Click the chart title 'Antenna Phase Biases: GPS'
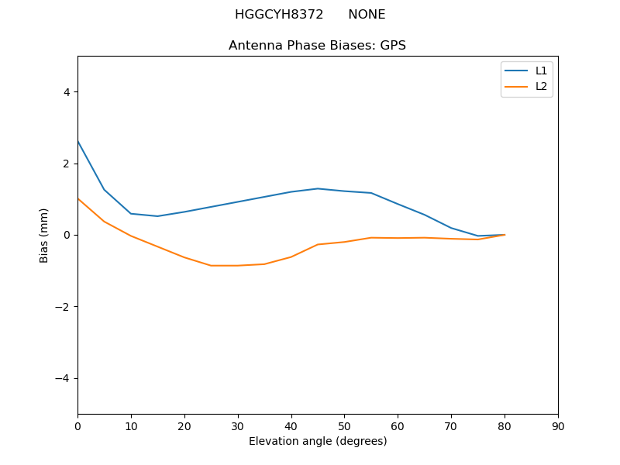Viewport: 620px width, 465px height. (x=317, y=46)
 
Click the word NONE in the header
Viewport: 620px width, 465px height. (x=367, y=15)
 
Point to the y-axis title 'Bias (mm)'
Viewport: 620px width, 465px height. (x=44, y=235)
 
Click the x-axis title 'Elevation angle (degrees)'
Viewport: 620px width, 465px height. (x=318, y=441)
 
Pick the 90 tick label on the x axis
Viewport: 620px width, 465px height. (x=558, y=426)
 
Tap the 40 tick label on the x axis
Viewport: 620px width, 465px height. (x=291, y=426)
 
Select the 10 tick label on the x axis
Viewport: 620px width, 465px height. (x=131, y=426)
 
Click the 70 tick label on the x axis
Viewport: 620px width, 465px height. (x=451, y=426)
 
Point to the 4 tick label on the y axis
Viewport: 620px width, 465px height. (x=66, y=92)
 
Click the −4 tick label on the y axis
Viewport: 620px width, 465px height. (x=63, y=378)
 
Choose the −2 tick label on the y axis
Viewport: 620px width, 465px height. (x=63, y=307)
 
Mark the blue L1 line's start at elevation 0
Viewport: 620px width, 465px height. (x=77, y=141)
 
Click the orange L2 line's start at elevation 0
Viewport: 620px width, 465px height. (x=77, y=198)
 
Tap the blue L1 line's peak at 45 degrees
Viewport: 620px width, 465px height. (x=318, y=188)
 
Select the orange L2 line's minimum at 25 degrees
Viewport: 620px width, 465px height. (x=211, y=266)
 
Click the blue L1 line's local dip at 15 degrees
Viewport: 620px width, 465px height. (x=157, y=216)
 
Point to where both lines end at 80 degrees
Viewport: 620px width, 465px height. (x=505, y=235)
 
